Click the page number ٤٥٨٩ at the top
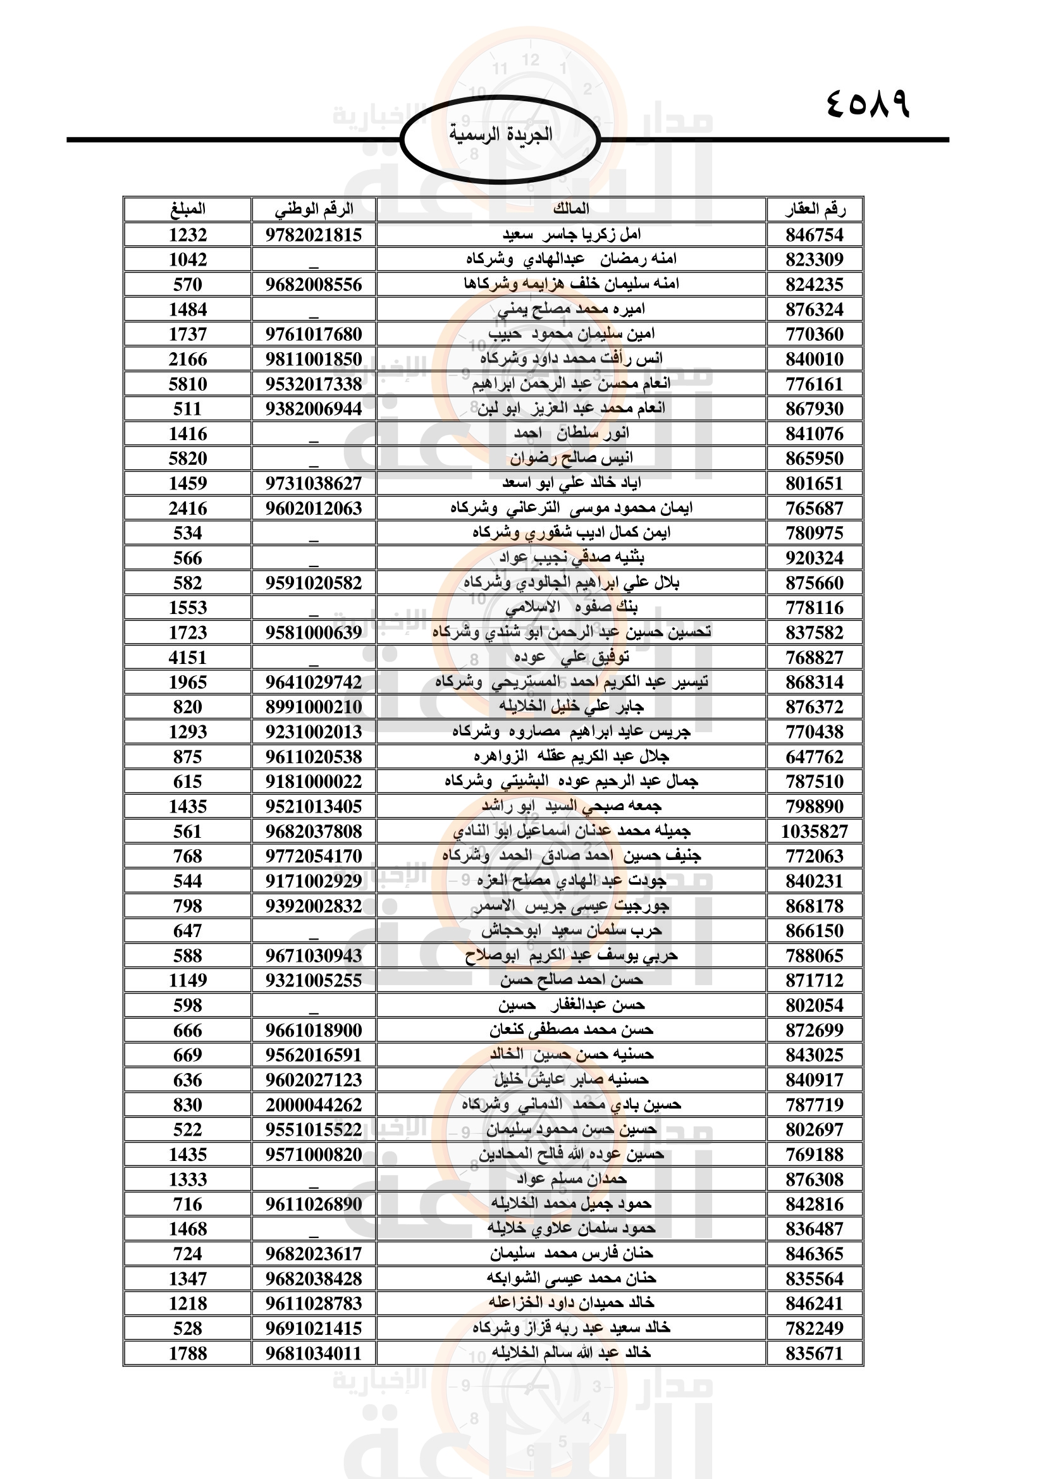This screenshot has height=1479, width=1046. (866, 104)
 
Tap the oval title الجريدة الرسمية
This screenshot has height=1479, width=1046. (500, 135)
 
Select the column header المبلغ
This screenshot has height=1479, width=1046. (187, 209)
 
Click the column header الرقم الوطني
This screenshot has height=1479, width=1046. (314, 209)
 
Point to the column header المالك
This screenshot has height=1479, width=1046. (570, 209)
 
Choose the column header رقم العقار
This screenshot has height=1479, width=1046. (814, 209)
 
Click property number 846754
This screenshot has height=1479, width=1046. (814, 235)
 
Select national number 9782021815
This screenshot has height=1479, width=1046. (314, 235)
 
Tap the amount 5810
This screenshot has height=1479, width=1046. (187, 384)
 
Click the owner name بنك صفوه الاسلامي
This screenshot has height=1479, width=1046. (570, 608)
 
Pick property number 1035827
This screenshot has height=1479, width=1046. (814, 831)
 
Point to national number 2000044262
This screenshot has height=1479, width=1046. (314, 1105)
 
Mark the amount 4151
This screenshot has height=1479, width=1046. (187, 657)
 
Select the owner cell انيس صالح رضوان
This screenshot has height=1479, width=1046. (570, 458)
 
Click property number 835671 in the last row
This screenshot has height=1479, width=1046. (814, 1353)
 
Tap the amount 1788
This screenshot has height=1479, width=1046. (187, 1353)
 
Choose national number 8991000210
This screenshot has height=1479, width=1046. (314, 707)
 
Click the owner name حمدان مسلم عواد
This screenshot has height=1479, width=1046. (570, 1179)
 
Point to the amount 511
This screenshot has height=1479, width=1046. (187, 408)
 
